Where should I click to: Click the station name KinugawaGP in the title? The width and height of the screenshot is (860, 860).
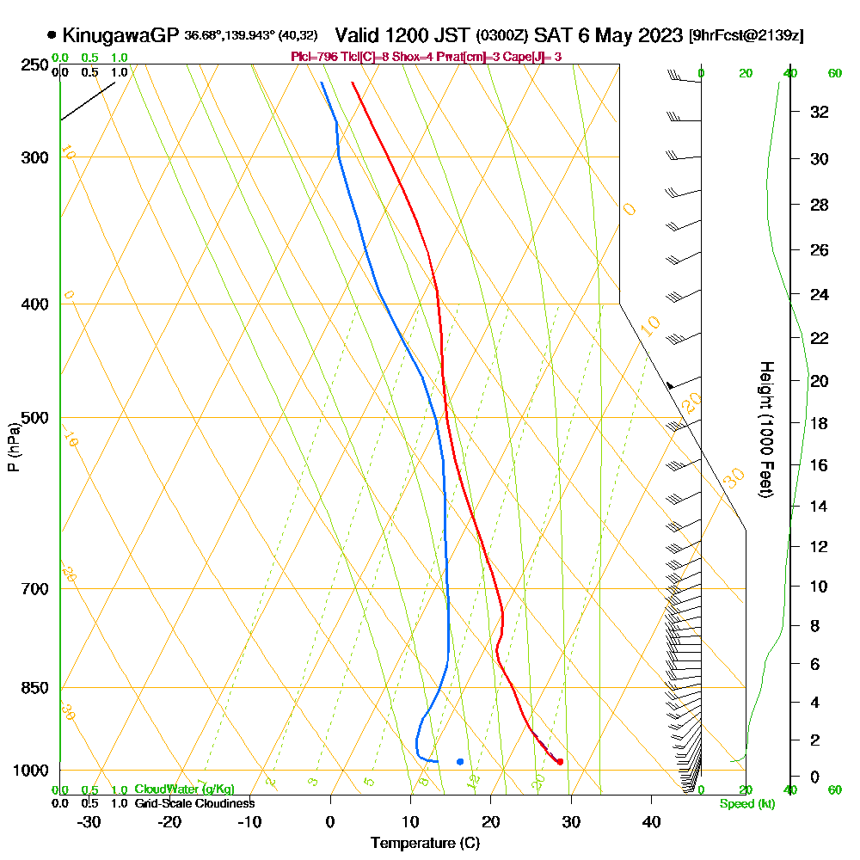[120, 35]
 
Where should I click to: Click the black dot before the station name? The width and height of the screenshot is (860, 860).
[52, 35]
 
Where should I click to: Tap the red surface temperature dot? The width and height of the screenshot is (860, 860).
[560, 761]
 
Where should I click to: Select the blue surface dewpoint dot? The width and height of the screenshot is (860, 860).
[460, 761]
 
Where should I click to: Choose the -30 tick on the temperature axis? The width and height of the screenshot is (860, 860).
[89, 822]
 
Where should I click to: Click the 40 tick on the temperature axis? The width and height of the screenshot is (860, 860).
[652, 822]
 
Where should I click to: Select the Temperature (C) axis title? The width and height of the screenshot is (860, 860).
[425, 844]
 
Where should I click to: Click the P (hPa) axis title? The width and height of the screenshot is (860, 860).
[14, 446]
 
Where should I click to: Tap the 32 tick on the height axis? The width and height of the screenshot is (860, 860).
[820, 112]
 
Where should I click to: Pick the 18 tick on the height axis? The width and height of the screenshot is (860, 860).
[820, 423]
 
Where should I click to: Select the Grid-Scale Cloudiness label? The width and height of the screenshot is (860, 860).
[194, 803]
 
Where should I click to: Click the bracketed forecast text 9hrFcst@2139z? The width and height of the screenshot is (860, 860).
[746, 36]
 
